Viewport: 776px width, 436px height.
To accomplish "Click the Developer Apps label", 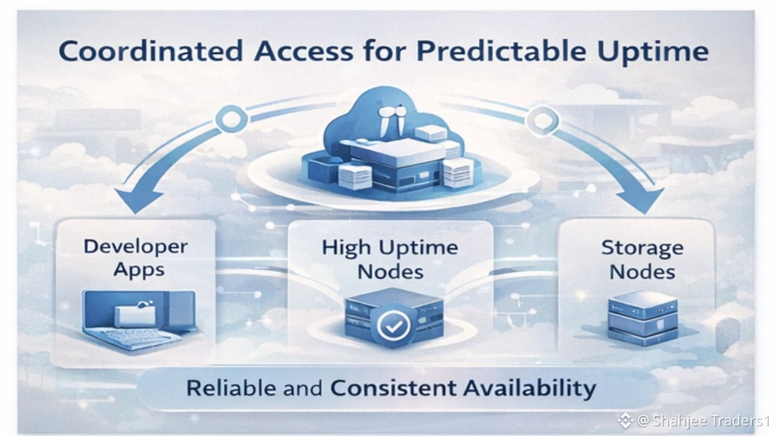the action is point(136,257).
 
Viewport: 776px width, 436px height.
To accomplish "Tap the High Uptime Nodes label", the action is point(390,259).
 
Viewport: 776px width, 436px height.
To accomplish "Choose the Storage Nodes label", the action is point(642,259).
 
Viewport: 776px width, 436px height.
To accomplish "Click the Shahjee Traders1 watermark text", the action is point(703,420).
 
